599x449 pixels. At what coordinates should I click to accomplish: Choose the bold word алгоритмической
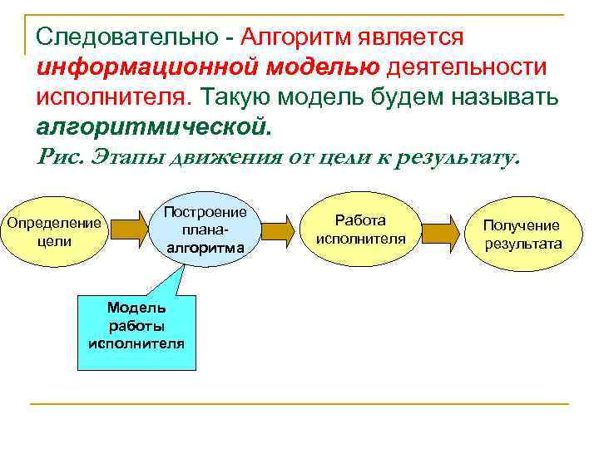coord(154,127)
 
